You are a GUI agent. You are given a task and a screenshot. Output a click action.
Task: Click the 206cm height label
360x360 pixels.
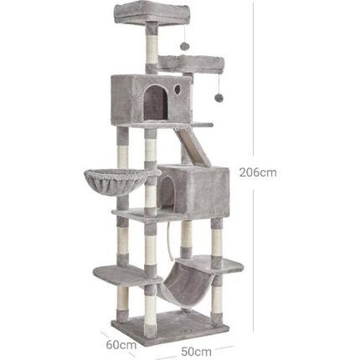[x=258, y=172]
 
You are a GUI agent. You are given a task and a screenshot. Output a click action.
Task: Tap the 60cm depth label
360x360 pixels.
[x=121, y=345]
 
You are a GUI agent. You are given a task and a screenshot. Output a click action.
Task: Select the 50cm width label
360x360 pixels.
[x=196, y=352]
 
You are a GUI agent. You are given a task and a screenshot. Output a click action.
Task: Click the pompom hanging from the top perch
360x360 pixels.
[x=184, y=45]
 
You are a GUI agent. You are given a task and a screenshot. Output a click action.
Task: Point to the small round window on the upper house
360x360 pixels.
[x=177, y=89]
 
